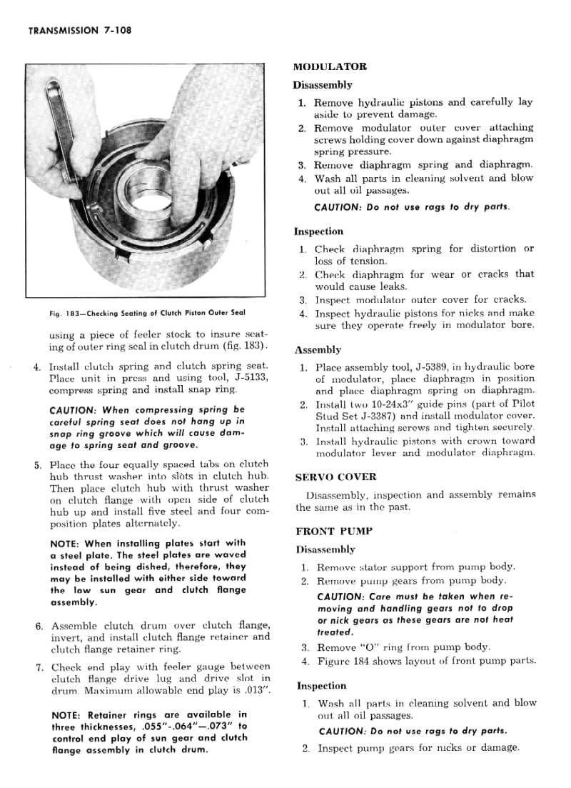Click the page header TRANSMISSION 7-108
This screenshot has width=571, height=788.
(x=78, y=31)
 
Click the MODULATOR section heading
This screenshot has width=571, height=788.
(x=330, y=66)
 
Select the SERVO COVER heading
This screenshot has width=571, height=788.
(x=335, y=477)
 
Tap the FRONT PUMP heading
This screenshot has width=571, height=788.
(x=330, y=532)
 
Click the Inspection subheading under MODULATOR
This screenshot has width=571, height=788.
(x=318, y=231)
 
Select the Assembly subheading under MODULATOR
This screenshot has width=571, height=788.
(x=318, y=350)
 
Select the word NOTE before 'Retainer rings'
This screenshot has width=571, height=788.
(x=66, y=714)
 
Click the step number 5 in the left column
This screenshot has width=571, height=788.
(x=37, y=464)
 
